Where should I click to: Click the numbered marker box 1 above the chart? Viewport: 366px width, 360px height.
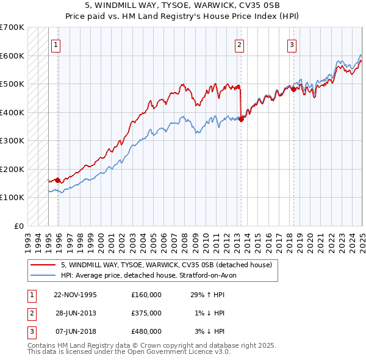click(x=56, y=44)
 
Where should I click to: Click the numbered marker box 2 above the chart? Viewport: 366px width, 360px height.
click(x=239, y=44)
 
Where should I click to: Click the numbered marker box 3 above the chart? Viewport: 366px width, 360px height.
click(x=292, y=44)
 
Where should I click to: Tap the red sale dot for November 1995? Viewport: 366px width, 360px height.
click(x=57, y=180)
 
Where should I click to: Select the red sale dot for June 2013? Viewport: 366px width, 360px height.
click(x=241, y=119)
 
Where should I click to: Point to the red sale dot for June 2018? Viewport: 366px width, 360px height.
click(x=293, y=89)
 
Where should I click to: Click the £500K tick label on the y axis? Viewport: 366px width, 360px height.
click(x=12, y=84)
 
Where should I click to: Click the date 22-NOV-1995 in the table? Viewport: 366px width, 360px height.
click(x=76, y=295)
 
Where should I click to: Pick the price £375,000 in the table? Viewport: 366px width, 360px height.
click(x=146, y=313)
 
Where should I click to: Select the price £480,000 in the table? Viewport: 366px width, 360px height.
click(x=146, y=331)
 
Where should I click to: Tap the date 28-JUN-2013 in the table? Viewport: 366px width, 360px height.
click(x=76, y=313)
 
